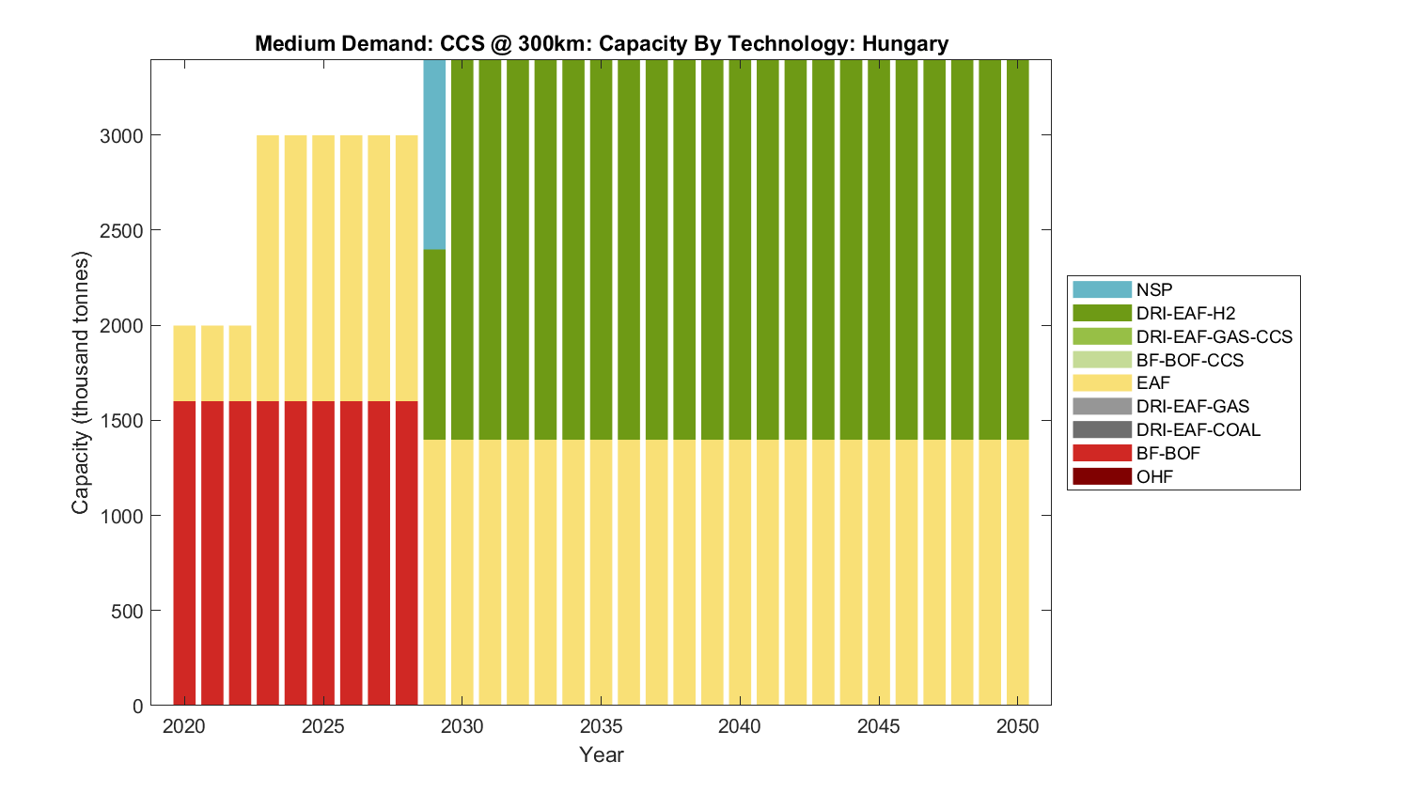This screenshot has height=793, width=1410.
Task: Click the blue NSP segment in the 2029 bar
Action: [434, 155]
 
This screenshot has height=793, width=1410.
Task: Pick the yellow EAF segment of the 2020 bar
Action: [184, 363]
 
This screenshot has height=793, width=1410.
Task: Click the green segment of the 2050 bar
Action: [1017, 249]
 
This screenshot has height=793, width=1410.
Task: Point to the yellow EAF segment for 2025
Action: [323, 268]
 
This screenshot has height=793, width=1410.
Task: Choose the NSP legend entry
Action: [1153, 290]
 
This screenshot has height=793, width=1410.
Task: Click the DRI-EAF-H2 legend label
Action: [1185, 314]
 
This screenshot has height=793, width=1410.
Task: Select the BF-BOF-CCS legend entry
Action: [1189, 360]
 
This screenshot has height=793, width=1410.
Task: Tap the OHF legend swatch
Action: [1102, 476]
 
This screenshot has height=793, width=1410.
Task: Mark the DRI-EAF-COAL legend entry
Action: [1198, 430]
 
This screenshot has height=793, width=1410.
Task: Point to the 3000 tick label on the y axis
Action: [121, 136]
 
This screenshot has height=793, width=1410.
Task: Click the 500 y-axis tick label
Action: [126, 612]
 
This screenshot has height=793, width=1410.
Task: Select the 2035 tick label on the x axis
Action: [601, 726]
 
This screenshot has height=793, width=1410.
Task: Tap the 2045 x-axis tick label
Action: [879, 726]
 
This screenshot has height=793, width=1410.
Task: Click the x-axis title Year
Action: [602, 754]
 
